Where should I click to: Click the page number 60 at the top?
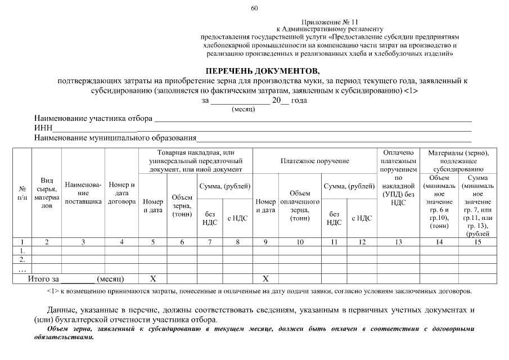pos(254,8)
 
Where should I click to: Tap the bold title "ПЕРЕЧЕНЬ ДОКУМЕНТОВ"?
pos(262,71)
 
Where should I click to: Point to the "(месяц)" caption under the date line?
pos(244,109)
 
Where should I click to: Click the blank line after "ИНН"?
pos(281,129)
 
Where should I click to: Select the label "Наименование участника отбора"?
pos(93,119)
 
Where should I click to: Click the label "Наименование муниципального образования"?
pos(115,137)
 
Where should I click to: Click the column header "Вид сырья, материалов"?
pos(47,193)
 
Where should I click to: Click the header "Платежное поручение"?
pos(314,161)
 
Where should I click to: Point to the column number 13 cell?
pos(398,242)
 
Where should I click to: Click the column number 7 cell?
pos(210,242)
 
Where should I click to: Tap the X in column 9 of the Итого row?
pos(266,278)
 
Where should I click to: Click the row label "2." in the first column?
pos(22,260)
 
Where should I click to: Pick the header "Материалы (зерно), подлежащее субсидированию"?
pos(458,160)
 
